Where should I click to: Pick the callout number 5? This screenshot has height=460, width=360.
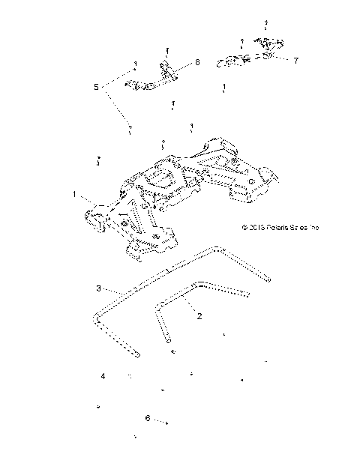pos(96,87)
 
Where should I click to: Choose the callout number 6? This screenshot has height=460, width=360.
pos(148,417)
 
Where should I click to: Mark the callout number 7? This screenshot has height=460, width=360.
pos(295,60)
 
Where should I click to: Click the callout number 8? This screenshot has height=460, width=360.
pos(197,63)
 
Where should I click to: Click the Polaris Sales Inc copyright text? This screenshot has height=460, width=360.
pos(280,227)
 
